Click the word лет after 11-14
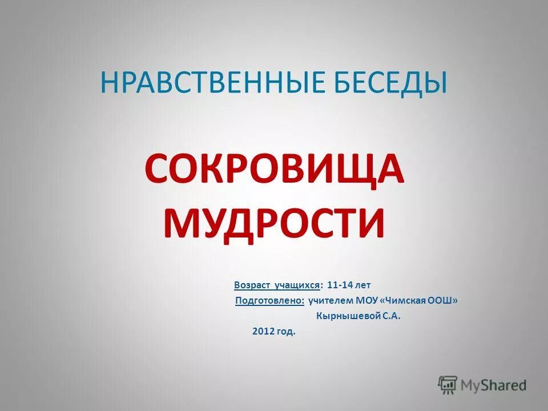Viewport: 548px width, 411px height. [364, 284]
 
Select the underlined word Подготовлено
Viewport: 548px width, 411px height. [269, 300]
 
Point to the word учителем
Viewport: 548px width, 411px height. [331, 300]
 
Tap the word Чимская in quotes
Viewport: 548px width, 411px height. [406, 300]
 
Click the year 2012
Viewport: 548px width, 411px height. [263, 332]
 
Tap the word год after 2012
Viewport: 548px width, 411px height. [287, 332]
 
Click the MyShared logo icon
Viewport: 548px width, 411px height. [448, 385]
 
